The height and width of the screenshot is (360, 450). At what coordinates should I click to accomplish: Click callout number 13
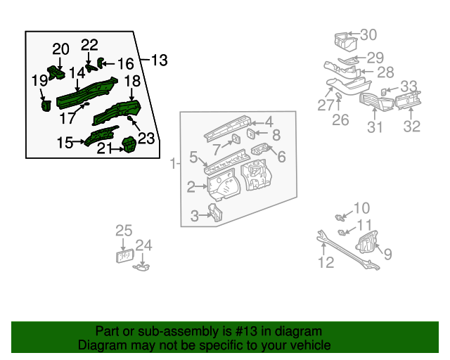coord(160,60)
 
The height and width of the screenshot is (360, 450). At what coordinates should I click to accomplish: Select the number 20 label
coord(61,49)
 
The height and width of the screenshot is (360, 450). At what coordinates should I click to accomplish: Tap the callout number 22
coord(89,45)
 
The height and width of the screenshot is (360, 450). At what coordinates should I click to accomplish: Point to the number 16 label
coord(124,63)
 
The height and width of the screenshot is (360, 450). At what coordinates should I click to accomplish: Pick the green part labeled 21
coord(129,145)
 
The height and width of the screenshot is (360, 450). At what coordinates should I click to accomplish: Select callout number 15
coord(65,143)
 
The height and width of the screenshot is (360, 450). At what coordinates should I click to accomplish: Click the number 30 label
coord(368,34)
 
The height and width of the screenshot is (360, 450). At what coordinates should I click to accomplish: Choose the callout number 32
coord(411,127)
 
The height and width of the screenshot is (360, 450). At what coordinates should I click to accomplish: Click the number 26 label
coord(340,120)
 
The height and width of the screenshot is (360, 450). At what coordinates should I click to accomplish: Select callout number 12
coord(326,263)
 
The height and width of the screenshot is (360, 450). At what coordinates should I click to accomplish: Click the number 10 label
coord(361,207)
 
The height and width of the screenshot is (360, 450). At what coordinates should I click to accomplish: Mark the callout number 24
coord(143,245)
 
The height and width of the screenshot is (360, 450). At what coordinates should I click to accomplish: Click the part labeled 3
coord(215,212)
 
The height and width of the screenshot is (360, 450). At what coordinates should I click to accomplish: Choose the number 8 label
coord(276,135)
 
